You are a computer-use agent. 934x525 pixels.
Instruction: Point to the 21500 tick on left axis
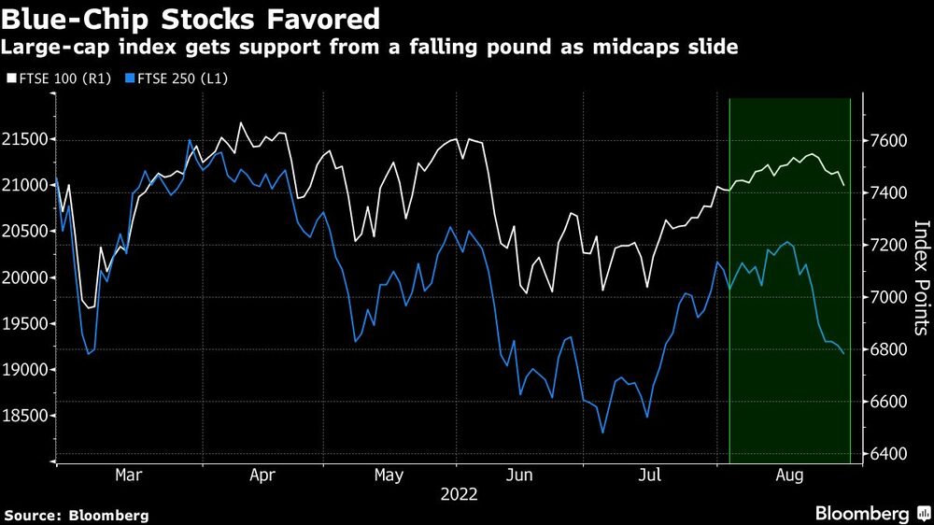26,140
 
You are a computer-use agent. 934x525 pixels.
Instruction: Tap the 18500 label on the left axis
26,417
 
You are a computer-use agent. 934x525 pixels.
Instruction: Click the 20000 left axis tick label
26,278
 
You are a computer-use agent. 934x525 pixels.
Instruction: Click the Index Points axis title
921,277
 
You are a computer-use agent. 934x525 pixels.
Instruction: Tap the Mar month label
129,475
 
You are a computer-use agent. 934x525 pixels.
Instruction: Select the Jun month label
518,475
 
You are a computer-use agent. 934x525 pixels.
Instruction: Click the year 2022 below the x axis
458,495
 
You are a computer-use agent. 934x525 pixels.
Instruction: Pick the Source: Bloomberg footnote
77,515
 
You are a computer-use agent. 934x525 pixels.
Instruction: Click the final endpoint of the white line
844,185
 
